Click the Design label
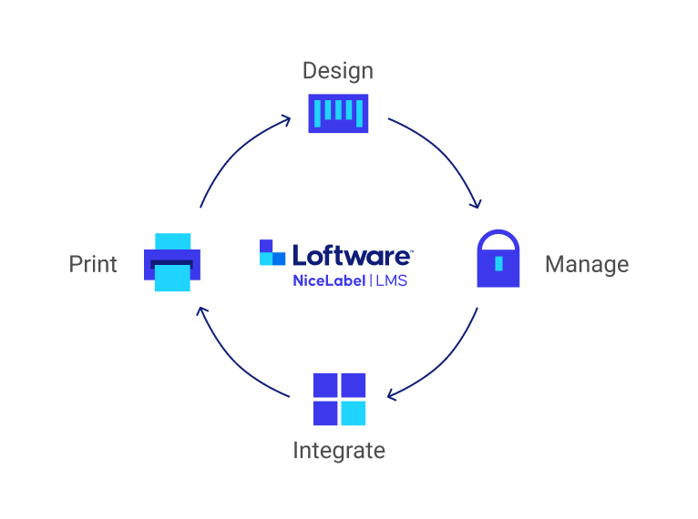[x=337, y=71]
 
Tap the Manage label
[x=586, y=265]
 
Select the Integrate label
[x=338, y=450]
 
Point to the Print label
[x=93, y=264]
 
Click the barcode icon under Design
[x=338, y=113]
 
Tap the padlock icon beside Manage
[x=498, y=260]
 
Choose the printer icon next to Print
[x=172, y=262]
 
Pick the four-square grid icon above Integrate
[x=339, y=399]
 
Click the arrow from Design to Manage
[x=446, y=155]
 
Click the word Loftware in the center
[x=353, y=254]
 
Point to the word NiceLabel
[x=329, y=280]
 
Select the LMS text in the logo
[x=391, y=280]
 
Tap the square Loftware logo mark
[x=272, y=253]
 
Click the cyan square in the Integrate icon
[x=353, y=413]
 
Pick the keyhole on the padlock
[x=498, y=264]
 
